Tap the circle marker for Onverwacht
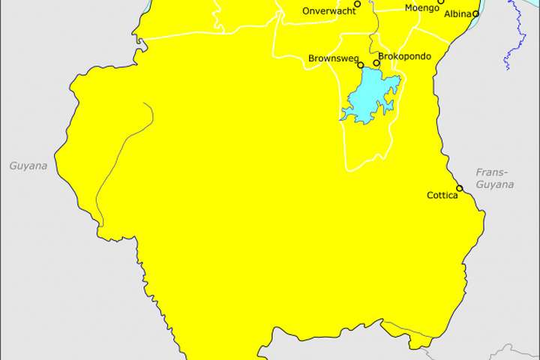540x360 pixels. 358,4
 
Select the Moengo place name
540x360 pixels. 421,8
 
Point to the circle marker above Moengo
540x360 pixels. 441,1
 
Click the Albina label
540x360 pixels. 457,14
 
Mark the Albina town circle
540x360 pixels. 476,13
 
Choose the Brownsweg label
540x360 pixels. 331,58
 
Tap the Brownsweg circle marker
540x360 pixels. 361,65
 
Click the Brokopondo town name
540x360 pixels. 405,56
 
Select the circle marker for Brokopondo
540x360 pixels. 376,63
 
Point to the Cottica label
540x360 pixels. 442,196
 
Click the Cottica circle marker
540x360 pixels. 460,188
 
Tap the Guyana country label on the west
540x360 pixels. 28,166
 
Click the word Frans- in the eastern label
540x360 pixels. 492,172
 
